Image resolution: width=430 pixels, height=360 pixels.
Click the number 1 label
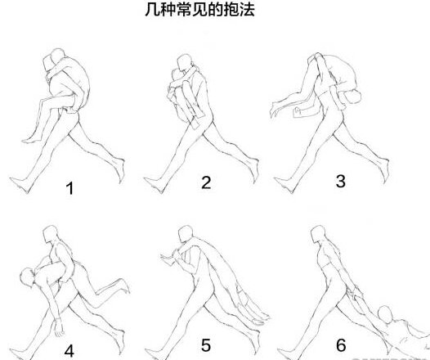pyautogui.click(x=70, y=189)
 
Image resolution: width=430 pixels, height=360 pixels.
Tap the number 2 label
pyautogui.click(x=206, y=182)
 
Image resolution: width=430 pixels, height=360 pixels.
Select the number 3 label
pyautogui.click(x=340, y=181)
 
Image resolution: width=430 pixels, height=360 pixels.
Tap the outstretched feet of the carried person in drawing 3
pyautogui.click(x=278, y=105)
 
